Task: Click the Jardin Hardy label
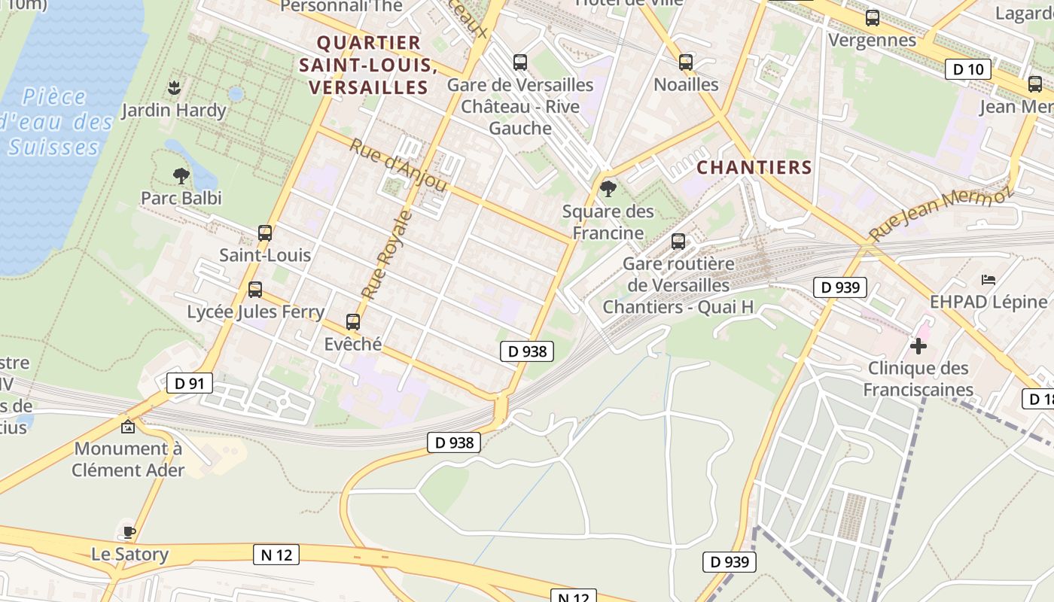[x=173, y=111]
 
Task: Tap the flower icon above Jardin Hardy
[x=174, y=88]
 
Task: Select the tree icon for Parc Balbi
[x=181, y=176]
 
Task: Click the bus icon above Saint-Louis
[x=264, y=233]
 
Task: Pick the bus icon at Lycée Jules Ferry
[x=255, y=290]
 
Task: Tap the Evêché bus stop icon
[x=352, y=322]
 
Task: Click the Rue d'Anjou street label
[x=398, y=165]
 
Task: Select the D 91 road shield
[x=189, y=383]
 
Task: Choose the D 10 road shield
[x=967, y=69]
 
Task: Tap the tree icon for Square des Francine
[x=608, y=188]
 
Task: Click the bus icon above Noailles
[x=685, y=62]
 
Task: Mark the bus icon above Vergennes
[x=872, y=18]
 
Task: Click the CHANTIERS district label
[x=754, y=167]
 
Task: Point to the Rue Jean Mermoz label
[x=940, y=213]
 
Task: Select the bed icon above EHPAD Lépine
[x=989, y=280]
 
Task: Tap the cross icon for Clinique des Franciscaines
[x=918, y=346]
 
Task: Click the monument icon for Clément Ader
[x=128, y=427]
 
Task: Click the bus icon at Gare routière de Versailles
[x=678, y=242]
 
